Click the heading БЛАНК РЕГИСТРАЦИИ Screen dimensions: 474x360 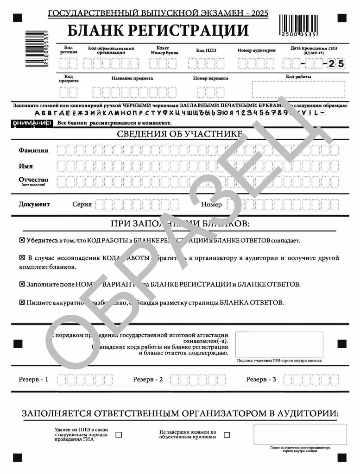[x=158, y=31]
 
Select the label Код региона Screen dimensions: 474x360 [x=69, y=50]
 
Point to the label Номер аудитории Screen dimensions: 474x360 [x=256, y=50]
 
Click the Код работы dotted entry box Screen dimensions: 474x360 [x=298, y=89]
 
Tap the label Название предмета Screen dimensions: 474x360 [x=132, y=78]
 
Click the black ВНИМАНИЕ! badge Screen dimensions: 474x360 [x=31, y=123]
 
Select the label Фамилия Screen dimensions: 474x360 [x=33, y=150]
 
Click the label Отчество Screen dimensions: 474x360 [x=33, y=180]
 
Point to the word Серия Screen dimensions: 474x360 [x=82, y=204]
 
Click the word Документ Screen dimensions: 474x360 [x=34, y=204]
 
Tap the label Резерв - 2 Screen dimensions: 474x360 [x=148, y=380]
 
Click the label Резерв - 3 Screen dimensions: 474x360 [x=261, y=380]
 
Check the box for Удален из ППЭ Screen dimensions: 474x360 [x=119, y=435]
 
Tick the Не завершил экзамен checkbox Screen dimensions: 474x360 [x=227, y=435]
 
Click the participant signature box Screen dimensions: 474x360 [x=279, y=344]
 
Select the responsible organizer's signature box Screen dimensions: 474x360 [x=300, y=434]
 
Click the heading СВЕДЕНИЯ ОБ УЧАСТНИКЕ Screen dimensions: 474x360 [x=180, y=135]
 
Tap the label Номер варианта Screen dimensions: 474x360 [x=211, y=78]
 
